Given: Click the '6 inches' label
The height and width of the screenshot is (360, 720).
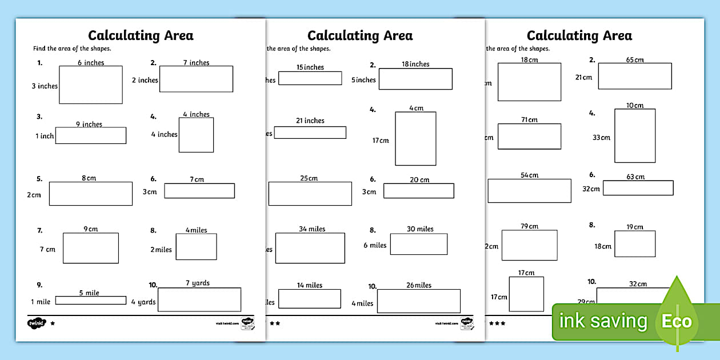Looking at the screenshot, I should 91,62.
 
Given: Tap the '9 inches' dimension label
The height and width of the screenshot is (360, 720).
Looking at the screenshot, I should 89,124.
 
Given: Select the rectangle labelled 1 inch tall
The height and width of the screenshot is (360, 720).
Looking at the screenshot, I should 90,135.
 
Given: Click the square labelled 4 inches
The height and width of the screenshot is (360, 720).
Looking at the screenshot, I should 196,135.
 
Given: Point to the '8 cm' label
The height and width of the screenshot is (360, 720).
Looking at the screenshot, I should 89,178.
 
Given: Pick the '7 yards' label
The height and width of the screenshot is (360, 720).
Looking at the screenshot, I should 198,283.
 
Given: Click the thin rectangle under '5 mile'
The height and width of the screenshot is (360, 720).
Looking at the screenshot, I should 90,300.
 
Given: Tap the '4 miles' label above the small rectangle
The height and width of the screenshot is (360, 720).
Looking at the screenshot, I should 196,230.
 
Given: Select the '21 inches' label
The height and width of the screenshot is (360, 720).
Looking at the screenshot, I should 310,121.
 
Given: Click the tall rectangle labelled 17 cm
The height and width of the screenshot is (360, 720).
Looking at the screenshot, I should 415,138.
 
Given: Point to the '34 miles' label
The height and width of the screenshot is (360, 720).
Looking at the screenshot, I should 312,229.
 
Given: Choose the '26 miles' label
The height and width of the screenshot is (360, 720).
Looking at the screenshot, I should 419,285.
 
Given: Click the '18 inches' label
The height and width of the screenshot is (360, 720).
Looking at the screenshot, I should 415,64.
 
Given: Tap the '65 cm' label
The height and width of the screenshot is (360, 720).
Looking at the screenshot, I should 635,59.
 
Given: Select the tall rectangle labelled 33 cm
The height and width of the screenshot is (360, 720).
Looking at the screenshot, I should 635,135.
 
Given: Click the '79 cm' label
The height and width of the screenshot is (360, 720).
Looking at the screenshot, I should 529,226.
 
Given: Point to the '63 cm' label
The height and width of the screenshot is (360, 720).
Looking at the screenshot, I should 635,177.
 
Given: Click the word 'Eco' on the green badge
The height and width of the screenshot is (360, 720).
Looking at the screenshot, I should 677,321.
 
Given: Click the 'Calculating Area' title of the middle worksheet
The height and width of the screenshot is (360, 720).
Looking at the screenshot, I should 360,35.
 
